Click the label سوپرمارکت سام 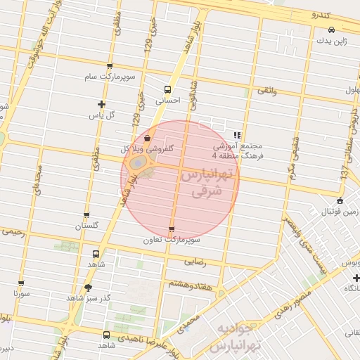[110, 75]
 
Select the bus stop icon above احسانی [167, 89]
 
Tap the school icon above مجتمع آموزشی [237, 134]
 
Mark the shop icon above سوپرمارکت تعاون [172, 230]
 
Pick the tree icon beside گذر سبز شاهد [88, 288]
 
